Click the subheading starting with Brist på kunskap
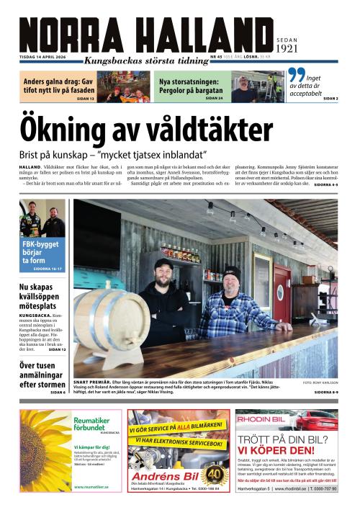[113, 155]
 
